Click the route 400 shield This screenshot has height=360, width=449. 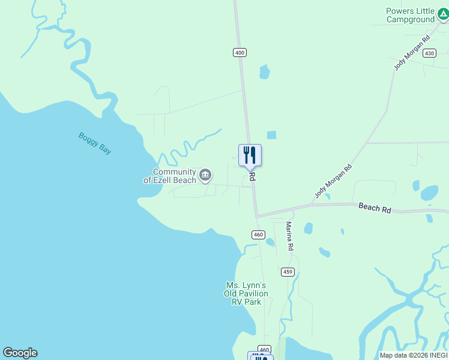coord(240,53)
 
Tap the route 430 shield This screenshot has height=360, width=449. coord(429,53)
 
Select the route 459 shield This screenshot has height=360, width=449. coord(288,272)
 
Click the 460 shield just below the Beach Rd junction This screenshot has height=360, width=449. coord(258,235)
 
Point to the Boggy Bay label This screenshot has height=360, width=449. coord(95,143)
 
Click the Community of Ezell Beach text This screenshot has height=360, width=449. coord(169,176)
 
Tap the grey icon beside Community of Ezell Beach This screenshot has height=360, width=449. coord(205,175)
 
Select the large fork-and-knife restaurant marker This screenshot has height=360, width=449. coord(250,155)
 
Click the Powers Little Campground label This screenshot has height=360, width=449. coord(411,15)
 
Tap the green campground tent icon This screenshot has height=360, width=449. coord(442,13)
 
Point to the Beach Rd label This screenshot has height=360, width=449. coord(375,208)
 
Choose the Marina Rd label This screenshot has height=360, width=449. coord(289,236)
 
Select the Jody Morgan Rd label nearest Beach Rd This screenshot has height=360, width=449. coord(333,181)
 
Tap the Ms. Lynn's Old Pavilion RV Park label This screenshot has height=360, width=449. coord(246,293)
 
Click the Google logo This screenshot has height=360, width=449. coord(20,353)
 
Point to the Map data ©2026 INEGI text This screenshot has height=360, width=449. coord(413,355)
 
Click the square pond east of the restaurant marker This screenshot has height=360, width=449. coord(271,135)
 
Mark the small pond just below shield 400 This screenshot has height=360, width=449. coord(264,72)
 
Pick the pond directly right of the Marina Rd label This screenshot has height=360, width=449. coord(308,228)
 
